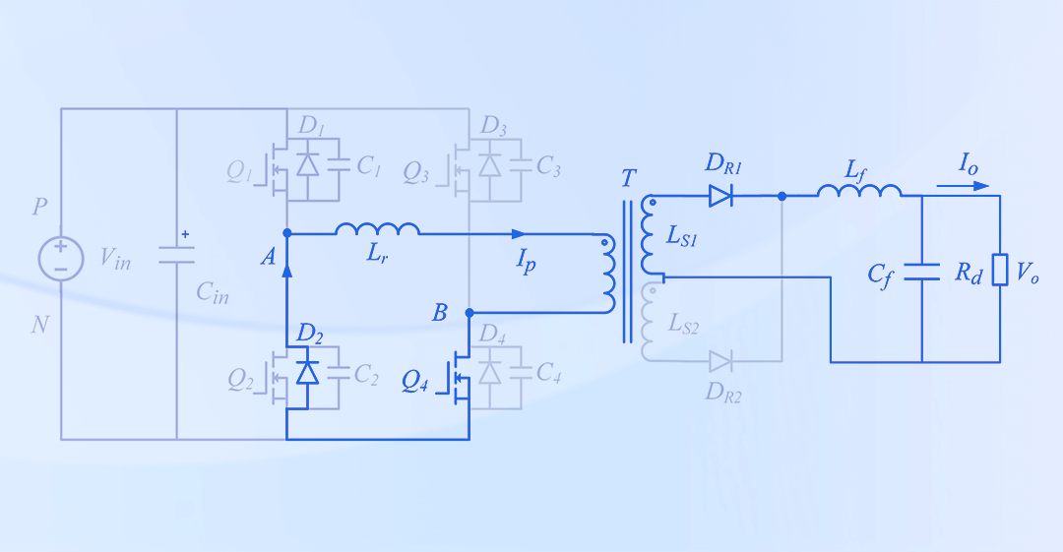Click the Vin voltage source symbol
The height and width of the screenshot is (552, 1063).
60,259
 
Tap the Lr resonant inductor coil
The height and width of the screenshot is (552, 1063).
377,229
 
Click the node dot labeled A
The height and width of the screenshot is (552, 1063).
286,233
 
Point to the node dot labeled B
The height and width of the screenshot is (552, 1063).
469,313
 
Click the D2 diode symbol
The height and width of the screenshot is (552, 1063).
308,372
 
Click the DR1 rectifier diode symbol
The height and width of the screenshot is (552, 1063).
720,196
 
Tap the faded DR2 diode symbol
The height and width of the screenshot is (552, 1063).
720,361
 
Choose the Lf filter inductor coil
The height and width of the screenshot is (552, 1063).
858,191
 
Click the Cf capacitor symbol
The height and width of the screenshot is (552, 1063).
922,272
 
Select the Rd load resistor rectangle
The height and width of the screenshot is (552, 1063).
1000,270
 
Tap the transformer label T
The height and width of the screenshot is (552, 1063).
629,179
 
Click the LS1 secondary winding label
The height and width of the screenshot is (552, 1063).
682,237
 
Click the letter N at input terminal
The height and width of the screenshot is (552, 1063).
40,324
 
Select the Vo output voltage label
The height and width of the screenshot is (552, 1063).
1029,273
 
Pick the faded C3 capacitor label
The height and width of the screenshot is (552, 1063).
548,168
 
